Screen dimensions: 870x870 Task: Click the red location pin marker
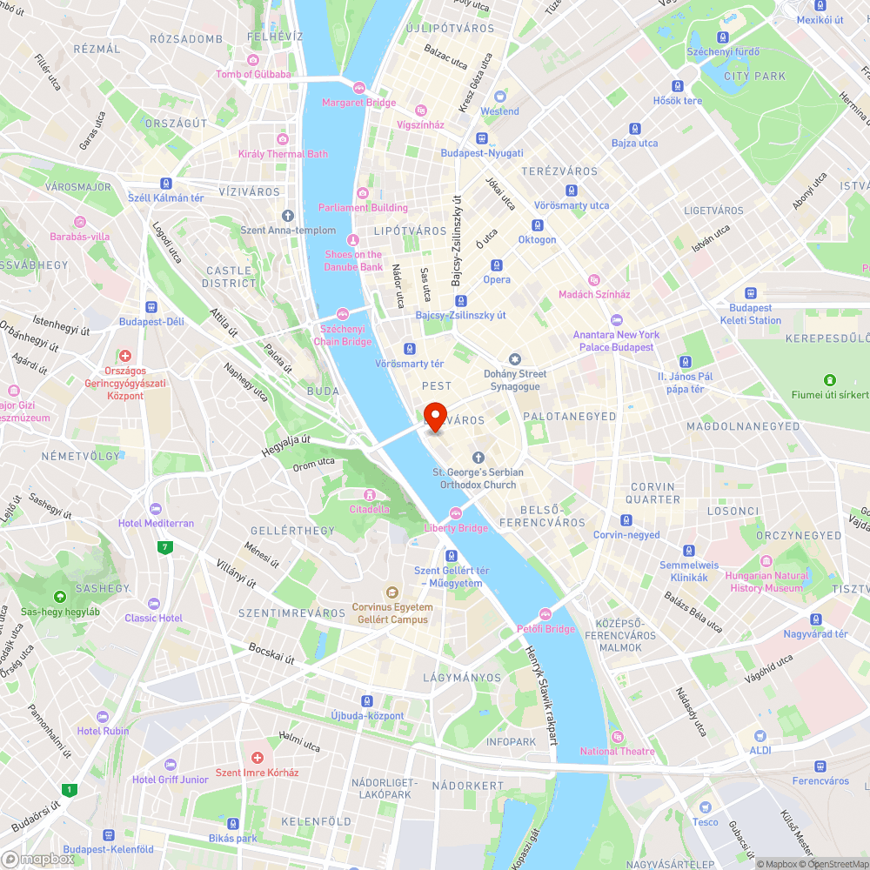click(x=434, y=414)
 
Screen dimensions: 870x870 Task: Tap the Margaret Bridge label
click(x=358, y=103)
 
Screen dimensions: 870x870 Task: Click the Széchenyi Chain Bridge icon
click(x=343, y=314)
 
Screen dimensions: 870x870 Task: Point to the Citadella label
click(x=369, y=509)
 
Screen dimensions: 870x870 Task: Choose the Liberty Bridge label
click(x=456, y=528)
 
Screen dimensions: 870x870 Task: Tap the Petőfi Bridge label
click(x=545, y=628)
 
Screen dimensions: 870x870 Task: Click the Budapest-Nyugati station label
click(x=481, y=153)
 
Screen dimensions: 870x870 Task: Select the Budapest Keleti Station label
click(x=750, y=314)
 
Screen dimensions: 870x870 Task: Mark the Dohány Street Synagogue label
click(x=515, y=379)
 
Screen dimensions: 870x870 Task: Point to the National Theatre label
click(x=617, y=751)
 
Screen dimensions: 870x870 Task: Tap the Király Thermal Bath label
click(x=283, y=154)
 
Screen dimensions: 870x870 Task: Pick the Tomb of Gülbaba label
click(x=253, y=74)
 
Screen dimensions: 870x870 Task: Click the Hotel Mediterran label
click(x=157, y=523)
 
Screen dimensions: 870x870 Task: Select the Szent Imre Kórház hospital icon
click(x=257, y=758)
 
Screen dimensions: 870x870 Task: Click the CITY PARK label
click(x=755, y=77)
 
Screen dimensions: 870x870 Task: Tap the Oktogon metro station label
click(x=537, y=239)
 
